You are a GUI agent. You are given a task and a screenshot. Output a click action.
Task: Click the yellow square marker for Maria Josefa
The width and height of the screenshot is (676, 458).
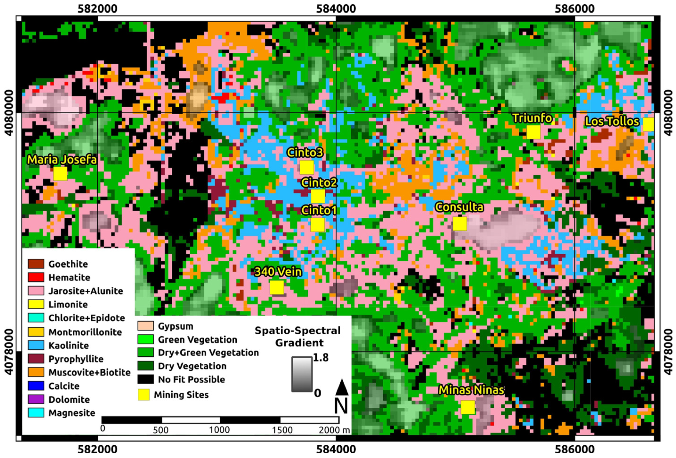60,173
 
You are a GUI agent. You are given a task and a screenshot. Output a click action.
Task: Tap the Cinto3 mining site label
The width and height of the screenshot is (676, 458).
305,153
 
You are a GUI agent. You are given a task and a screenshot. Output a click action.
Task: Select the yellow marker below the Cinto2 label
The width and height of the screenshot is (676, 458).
318,196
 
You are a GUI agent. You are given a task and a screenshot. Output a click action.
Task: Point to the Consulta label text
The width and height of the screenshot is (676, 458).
459,207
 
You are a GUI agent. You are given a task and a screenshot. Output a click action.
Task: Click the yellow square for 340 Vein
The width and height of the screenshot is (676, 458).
277,287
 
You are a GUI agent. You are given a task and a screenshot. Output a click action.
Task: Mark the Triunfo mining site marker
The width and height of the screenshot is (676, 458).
533,132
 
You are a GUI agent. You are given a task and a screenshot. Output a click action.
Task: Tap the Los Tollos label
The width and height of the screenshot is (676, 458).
612,121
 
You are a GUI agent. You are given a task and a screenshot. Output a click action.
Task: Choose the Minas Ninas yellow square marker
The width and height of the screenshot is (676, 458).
468,407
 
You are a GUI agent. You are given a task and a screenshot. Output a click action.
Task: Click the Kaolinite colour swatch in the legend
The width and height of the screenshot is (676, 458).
36,345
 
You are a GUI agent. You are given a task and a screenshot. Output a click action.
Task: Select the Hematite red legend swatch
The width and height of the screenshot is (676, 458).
36,277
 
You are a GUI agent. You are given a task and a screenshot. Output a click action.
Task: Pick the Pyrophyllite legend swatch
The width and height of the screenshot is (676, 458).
36,359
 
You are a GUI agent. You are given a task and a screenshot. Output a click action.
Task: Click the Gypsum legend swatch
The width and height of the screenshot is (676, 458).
145,326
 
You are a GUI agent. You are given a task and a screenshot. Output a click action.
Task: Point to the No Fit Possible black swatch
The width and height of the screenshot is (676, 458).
145,379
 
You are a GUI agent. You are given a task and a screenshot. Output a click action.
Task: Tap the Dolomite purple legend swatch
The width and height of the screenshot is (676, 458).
36,399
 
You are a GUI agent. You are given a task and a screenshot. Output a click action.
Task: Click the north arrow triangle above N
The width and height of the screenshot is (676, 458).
342,388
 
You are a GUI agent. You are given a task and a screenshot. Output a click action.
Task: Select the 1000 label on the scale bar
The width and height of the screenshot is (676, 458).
219,430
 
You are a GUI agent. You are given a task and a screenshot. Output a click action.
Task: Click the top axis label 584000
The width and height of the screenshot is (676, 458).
336,9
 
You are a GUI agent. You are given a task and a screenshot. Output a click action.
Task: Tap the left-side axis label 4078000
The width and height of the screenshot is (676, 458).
9,352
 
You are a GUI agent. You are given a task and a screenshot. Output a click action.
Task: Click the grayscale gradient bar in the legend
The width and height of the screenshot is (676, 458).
302,374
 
